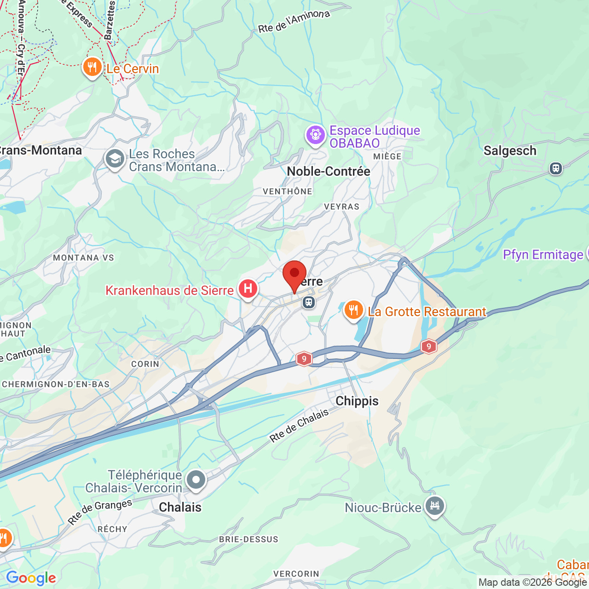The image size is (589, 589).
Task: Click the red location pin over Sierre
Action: tap(294, 274)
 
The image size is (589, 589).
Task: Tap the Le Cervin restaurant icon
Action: tap(92, 68)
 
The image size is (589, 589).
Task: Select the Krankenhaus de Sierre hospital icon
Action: tap(248, 289)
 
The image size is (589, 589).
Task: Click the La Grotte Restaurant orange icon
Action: tap(353, 311)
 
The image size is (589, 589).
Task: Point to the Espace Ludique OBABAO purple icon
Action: tap(316, 135)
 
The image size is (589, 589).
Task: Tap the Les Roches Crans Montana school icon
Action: tap(115, 159)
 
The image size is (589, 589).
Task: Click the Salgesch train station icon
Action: tap(556, 168)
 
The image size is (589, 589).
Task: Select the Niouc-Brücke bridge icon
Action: tap(434, 506)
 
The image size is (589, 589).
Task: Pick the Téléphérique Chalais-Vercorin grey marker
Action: tap(196, 480)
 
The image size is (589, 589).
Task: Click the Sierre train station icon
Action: tap(308, 302)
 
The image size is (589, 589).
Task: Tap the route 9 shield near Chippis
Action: tap(304, 359)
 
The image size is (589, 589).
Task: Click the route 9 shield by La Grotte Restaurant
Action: tap(428, 346)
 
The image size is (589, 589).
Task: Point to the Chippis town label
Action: tap(357, 401)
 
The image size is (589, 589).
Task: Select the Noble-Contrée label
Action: tap(329, 171)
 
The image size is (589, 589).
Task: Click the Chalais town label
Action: tap(180, 507)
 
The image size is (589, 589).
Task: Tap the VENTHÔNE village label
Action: tap(288, 191)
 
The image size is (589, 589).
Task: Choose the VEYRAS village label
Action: tap(341, 207)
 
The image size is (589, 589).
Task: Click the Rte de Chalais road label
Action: tap(299, 426)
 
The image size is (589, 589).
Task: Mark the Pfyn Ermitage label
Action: tap(543, 254)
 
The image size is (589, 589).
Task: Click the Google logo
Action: tap(31, 578)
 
